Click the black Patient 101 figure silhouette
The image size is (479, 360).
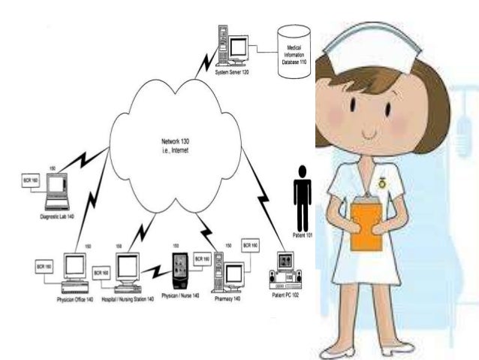coord(302,197)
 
